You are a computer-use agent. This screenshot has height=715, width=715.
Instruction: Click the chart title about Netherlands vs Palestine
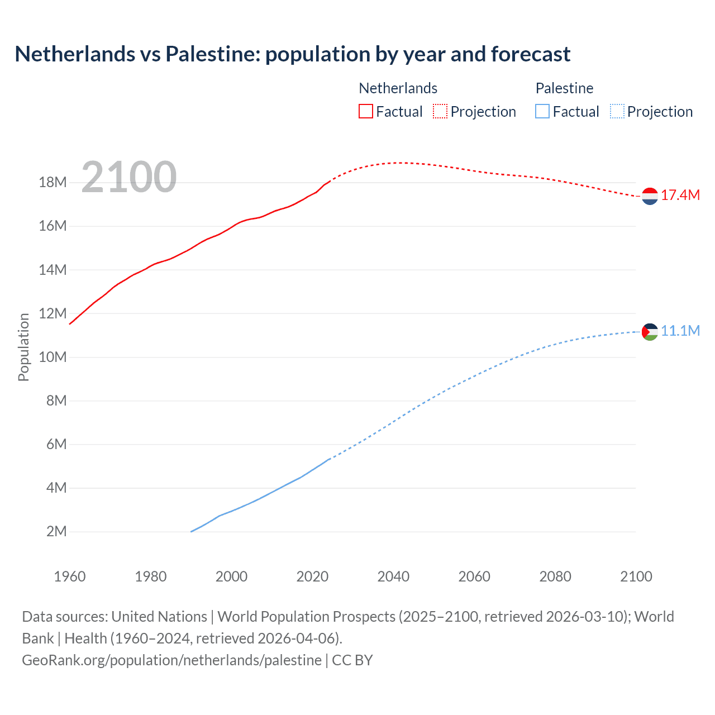point(293,54)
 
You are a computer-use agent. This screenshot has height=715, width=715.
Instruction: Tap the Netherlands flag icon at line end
point(650,196)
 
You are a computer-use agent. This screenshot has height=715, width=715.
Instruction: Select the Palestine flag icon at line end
point(650,332)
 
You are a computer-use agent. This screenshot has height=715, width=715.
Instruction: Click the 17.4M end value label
point(680,195)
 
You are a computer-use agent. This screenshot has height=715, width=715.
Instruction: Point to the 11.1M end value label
point(680,331)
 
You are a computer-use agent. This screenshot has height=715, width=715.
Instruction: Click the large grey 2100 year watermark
point(129,177)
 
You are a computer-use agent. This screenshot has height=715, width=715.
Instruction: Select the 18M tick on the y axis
point(53,183)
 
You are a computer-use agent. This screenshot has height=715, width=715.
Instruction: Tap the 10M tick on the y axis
point(53,357)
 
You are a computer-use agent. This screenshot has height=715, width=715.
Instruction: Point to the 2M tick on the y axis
point(56,531)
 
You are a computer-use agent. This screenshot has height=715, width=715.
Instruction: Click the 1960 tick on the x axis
point(70,576)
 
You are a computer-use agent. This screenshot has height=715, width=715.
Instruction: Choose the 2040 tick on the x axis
point(393,576)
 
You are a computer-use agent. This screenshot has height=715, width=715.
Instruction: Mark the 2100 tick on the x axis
point(636,576)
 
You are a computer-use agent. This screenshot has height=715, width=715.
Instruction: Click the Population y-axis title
point(23,347)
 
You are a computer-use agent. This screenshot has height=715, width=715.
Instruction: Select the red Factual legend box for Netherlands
point(366,111)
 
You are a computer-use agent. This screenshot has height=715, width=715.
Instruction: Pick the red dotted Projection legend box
point(440,111)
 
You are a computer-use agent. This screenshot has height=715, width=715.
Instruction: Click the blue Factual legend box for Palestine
point(542,111)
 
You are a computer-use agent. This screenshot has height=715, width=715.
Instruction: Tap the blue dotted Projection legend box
point(617,111)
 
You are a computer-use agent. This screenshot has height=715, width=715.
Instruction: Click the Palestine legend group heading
point(564,88)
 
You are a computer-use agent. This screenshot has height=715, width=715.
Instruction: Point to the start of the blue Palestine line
point(192,531)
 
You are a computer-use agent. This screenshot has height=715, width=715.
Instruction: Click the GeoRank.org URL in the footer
point(172,660)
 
